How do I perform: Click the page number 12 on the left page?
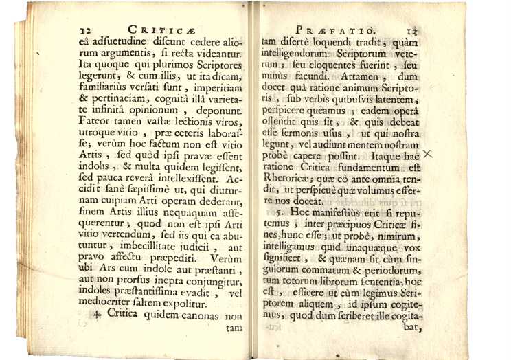point(86,31)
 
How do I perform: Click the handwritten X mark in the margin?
point(428,155)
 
